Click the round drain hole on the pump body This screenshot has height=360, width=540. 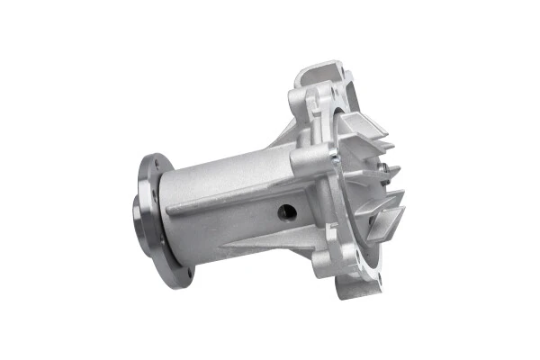[287, 211]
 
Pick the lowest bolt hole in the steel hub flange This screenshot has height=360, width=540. [188, 270]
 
